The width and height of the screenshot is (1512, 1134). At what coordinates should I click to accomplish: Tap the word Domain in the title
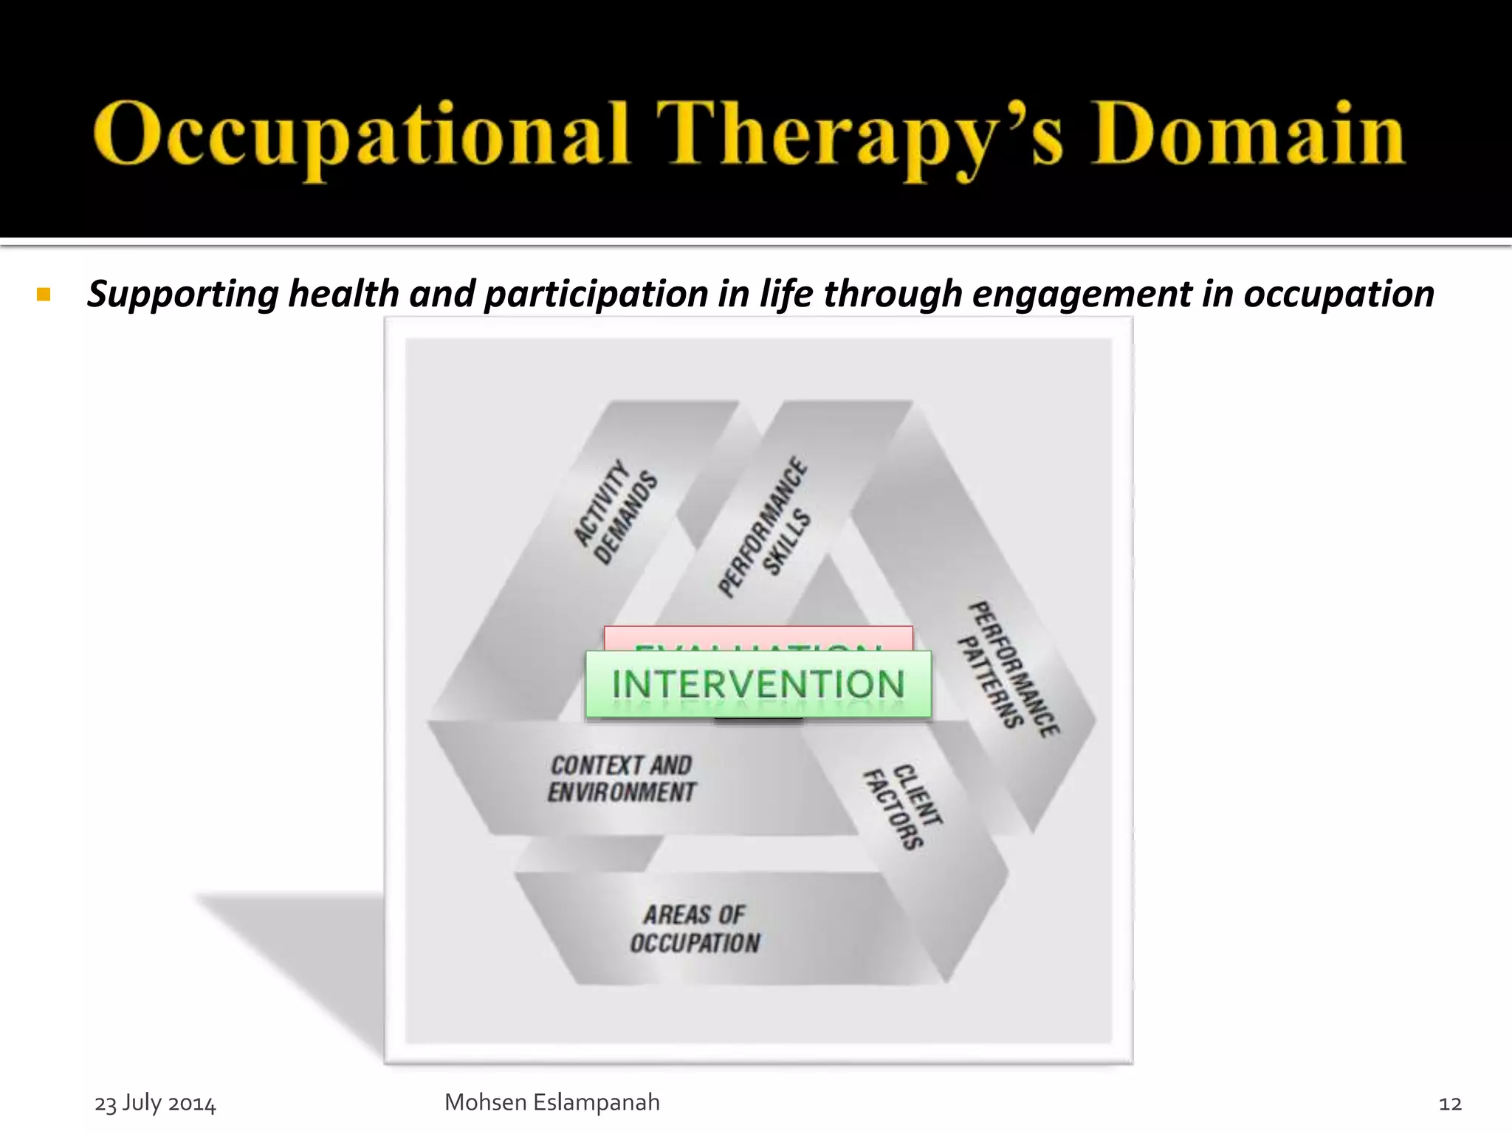tap(1248, 134)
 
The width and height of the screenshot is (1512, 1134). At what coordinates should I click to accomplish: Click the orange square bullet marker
tap(44, 295)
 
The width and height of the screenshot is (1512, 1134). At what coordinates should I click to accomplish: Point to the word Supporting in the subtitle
tap(182, 295)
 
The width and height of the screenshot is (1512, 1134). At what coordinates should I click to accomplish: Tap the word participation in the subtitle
tap(596, 295)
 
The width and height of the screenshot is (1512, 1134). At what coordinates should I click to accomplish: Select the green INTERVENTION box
tap(757, 684)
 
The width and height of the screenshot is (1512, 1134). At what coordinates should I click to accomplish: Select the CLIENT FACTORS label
tap(903, 806)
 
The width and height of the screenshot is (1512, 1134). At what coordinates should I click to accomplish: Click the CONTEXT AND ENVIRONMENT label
tap(621, 779)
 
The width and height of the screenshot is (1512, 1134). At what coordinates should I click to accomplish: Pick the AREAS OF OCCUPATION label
tap(695, 929)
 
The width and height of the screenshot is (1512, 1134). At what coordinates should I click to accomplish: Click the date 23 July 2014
tap(155, 1103)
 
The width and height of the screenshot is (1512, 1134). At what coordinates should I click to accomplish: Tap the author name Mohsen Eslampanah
tap(551, 1102)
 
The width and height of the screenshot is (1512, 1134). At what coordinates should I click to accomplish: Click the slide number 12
tap(1449, 1104)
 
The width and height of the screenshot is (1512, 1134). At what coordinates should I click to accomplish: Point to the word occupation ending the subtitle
tap(1338, 295)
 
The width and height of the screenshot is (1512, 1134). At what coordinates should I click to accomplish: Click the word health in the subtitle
tap(343, 295)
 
